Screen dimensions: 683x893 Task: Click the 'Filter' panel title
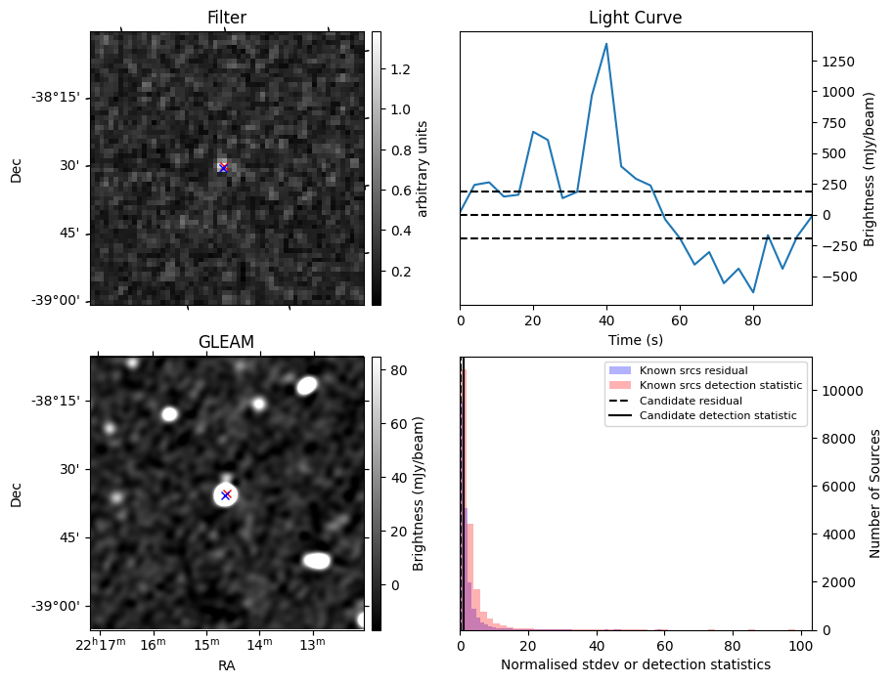[x=227, y=18]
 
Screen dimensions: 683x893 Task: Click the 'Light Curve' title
[x=635, y=18]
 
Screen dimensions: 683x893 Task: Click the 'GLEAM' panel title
[x=226, y=342]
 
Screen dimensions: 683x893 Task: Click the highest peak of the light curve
[x=606, y=44]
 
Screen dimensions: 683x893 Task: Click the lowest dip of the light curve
[x=753, y=292]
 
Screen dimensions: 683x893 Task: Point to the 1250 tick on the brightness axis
[x=839, y=62]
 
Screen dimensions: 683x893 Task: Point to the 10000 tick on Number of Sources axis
[x=840, y=391]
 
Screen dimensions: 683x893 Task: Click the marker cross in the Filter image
[x=223, y=168]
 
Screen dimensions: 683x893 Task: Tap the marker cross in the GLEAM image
[x=226, y=494]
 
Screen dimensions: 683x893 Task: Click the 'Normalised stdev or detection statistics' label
[x=636, y=664]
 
